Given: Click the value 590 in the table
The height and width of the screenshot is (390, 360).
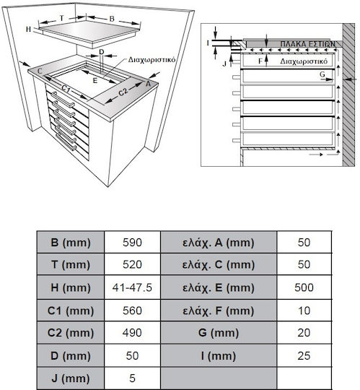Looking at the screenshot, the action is point(132,242).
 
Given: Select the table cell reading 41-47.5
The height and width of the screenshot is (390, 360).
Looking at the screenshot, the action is point(132,287).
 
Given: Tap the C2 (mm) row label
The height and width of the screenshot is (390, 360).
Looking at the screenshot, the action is point(71,333).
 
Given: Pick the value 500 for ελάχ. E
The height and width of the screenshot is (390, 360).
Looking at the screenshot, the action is point(304,287).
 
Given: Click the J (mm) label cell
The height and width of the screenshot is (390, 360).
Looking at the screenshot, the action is point(71,378).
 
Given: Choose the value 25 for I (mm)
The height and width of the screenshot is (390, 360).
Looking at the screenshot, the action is point(304,355).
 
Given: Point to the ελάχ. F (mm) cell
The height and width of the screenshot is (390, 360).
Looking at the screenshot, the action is point(219,311).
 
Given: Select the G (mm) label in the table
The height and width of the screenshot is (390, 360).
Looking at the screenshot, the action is point(219,333).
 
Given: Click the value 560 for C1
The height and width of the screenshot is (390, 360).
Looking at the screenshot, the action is point(132,311).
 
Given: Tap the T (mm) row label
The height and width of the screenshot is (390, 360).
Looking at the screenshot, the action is point(71,264).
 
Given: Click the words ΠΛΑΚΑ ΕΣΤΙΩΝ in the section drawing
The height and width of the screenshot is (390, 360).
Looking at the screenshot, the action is point(308,44).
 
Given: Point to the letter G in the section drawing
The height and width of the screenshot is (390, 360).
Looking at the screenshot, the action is point(322,74).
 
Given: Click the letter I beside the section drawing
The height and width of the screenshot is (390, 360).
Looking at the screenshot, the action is point(208,43).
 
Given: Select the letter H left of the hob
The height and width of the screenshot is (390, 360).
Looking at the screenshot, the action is point(29,29).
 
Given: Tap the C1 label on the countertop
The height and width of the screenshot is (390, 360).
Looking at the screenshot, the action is point(66,89).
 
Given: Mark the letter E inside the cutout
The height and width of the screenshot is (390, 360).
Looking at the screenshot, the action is point(95,81).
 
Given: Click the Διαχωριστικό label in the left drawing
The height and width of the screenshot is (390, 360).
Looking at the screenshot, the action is point(152,60).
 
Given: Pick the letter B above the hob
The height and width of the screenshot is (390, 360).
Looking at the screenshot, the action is point(112,19).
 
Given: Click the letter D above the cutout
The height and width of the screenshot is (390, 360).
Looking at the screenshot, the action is point(102,52).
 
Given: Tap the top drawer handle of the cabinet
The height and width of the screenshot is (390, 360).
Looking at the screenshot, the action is point(63,100).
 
